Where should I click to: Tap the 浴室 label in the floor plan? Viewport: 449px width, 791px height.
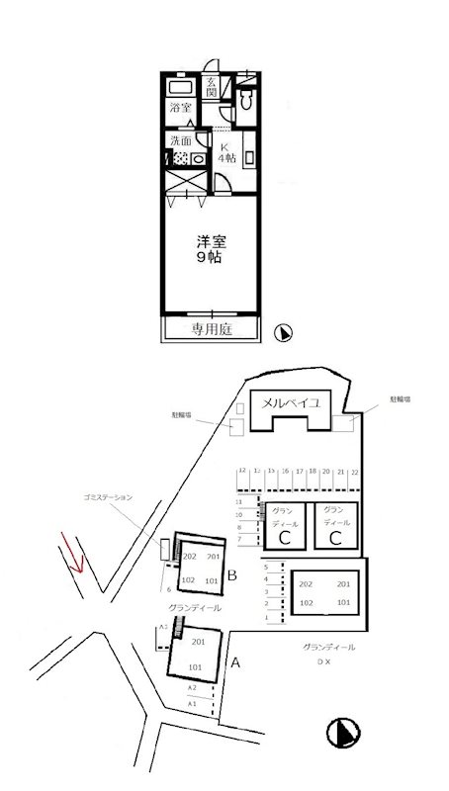pos(180,107)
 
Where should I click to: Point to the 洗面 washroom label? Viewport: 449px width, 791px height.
pos(180,139)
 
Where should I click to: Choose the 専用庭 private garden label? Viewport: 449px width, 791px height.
pos(212,329)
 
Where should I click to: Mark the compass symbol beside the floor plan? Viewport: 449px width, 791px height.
pos(282,333)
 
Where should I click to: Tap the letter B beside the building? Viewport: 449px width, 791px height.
pos(230,574)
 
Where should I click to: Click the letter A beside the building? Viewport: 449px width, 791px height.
pos(234,664)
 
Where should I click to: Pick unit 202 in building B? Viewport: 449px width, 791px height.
pos(191,556)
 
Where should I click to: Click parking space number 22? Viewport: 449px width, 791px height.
pos(354,474)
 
